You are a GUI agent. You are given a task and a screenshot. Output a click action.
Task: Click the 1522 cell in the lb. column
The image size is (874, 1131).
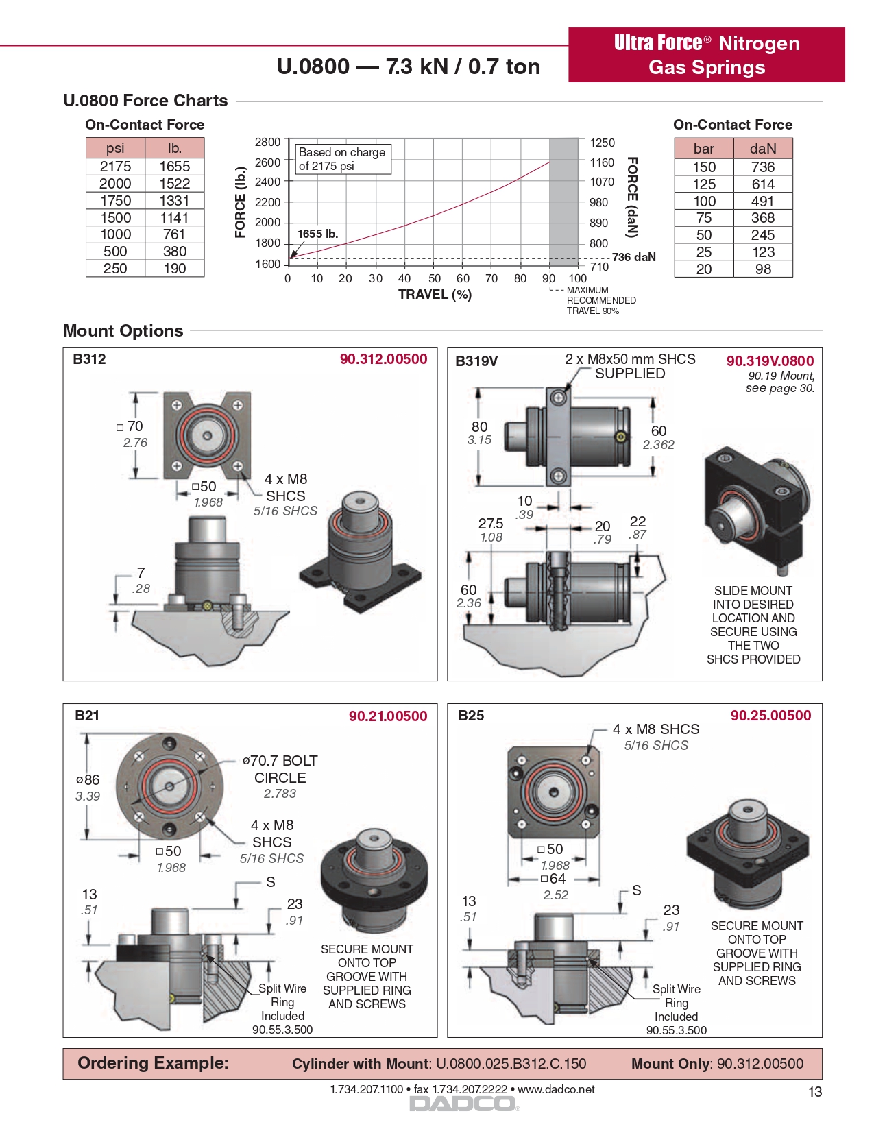click(x=174, y=184)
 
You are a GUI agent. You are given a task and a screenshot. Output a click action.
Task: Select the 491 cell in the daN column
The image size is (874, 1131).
click(x=762, y=202)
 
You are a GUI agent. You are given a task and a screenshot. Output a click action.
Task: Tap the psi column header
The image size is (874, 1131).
click(x=115, y=148)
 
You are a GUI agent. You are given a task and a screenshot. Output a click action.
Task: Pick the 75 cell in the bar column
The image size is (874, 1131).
click(x=704, y=218)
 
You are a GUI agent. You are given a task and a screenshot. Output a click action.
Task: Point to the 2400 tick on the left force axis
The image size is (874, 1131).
click(x=268, y=182)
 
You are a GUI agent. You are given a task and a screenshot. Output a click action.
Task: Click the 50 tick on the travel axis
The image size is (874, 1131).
click(x=435, y=278)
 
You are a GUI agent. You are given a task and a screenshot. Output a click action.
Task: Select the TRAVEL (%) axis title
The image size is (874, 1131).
click(x=435, y=295)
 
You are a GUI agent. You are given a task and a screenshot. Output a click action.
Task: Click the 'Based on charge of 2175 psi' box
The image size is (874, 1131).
click(x=342, y=159)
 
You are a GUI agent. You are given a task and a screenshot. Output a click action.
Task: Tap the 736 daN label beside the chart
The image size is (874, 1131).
click(x=633, y=257)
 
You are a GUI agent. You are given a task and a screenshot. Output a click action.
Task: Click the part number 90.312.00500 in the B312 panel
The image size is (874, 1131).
click(x=383, y=359)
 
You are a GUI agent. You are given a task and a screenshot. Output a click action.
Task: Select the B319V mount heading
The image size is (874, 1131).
click(x=476, y=361)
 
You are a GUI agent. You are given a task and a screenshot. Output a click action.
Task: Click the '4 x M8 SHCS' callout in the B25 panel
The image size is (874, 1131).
click(x=656, y=729)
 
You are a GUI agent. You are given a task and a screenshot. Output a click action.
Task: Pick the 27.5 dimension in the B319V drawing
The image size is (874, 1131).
click(x=491, y=524)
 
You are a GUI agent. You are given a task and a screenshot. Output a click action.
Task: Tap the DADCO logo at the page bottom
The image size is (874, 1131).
click(x=463, y=1104)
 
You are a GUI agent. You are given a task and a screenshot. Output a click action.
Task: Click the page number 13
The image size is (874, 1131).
click(x=814, y=1092)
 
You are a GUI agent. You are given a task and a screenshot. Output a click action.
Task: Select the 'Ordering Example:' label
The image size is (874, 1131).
click(x=153, y=1063)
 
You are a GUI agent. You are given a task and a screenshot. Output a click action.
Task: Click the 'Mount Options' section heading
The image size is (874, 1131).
click(x=123, y=331)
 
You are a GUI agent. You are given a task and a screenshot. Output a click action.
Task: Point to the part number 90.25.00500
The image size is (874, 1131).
click(x=770, y=716)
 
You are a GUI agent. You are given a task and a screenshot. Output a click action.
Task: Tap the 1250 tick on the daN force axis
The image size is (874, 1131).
click(x=602, y=143)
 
